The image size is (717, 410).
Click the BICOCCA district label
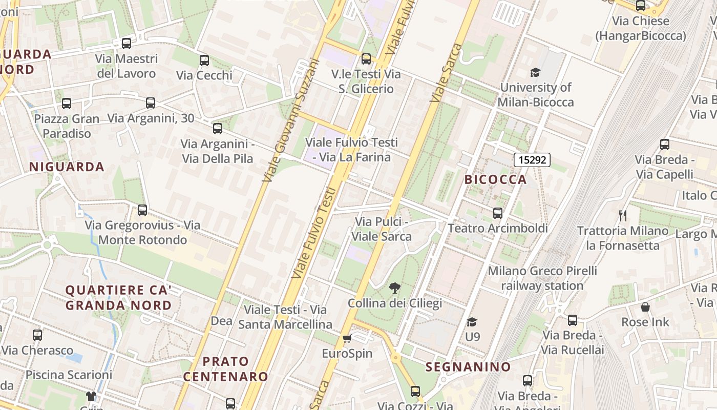[495, 179]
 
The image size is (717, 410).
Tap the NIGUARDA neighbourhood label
[67, 167]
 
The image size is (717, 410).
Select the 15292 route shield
[532, 160]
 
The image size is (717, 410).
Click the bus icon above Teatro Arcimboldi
[497, 213]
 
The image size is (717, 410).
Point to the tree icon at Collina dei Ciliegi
[394, 288]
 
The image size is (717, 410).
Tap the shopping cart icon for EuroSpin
[347, 339]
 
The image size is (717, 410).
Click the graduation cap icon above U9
[472, 322]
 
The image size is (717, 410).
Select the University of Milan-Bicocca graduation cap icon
[535, 72]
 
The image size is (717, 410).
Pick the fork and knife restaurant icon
[623, 216]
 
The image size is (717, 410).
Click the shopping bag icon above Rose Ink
[645, 307]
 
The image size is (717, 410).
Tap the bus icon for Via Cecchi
[204, 60]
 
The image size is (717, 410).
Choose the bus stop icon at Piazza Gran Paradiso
[67, 104]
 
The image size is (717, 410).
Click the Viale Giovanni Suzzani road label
[290, 120]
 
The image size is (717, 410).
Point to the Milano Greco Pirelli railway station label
[542, 278]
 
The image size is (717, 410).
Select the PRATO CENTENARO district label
[226, 369]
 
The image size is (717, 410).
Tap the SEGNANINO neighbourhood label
[468, 367]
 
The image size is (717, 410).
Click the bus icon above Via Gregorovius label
[142, 210]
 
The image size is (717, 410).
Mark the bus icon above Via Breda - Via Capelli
[665, 145]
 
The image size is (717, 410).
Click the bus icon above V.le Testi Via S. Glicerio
[366, 59]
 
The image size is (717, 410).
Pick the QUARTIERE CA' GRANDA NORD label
[118, 298]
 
